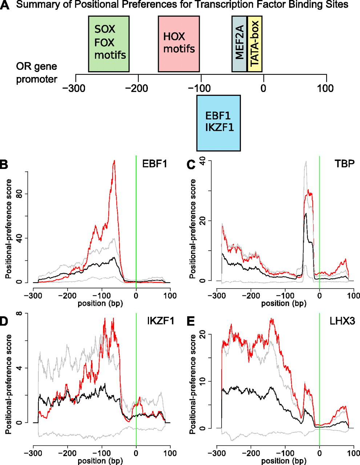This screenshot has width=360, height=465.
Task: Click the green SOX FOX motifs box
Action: click(109, 44)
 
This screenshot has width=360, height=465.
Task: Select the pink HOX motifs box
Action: click(179, 44)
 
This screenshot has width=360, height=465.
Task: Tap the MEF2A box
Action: click(239, 44)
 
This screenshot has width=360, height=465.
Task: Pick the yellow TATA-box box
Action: click(255, 44)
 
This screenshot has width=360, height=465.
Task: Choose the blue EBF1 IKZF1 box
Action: click(218, 123)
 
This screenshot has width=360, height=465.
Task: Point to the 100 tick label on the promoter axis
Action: click(326, 88)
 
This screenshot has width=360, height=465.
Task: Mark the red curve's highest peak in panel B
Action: click(114, 161)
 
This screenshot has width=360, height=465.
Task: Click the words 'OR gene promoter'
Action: click(36, 73)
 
